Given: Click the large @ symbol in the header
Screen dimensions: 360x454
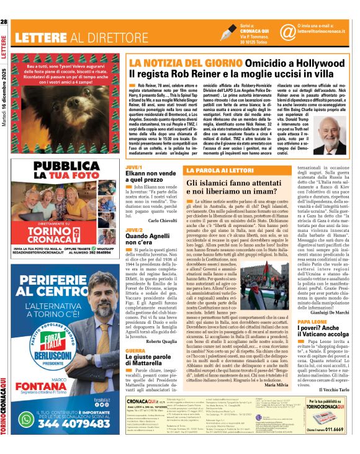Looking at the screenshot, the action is pyautogui.click(x=271, y=31).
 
